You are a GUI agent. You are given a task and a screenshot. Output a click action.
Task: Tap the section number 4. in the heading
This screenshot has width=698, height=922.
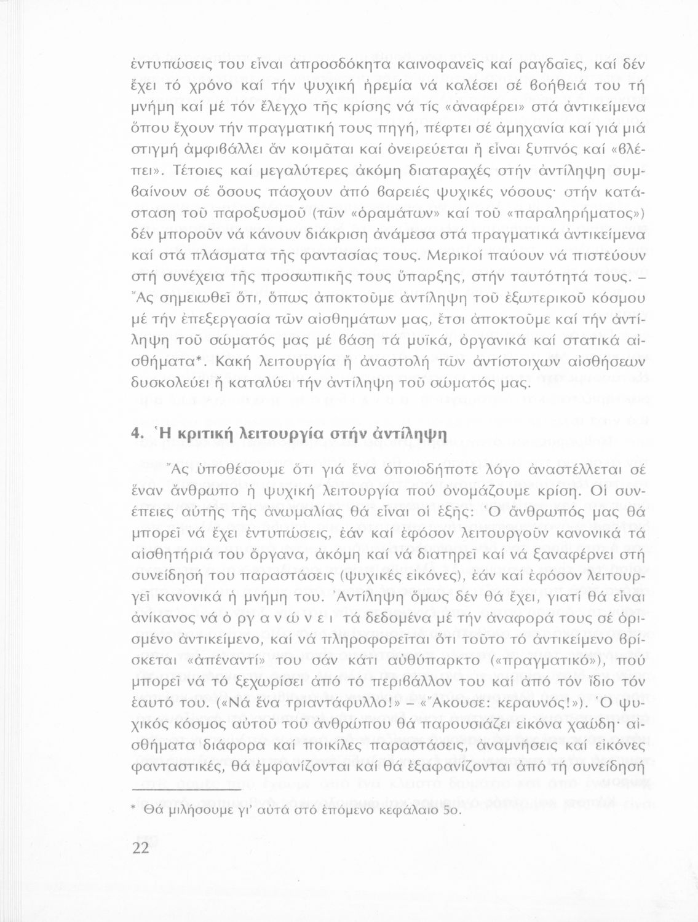point(138,433)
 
